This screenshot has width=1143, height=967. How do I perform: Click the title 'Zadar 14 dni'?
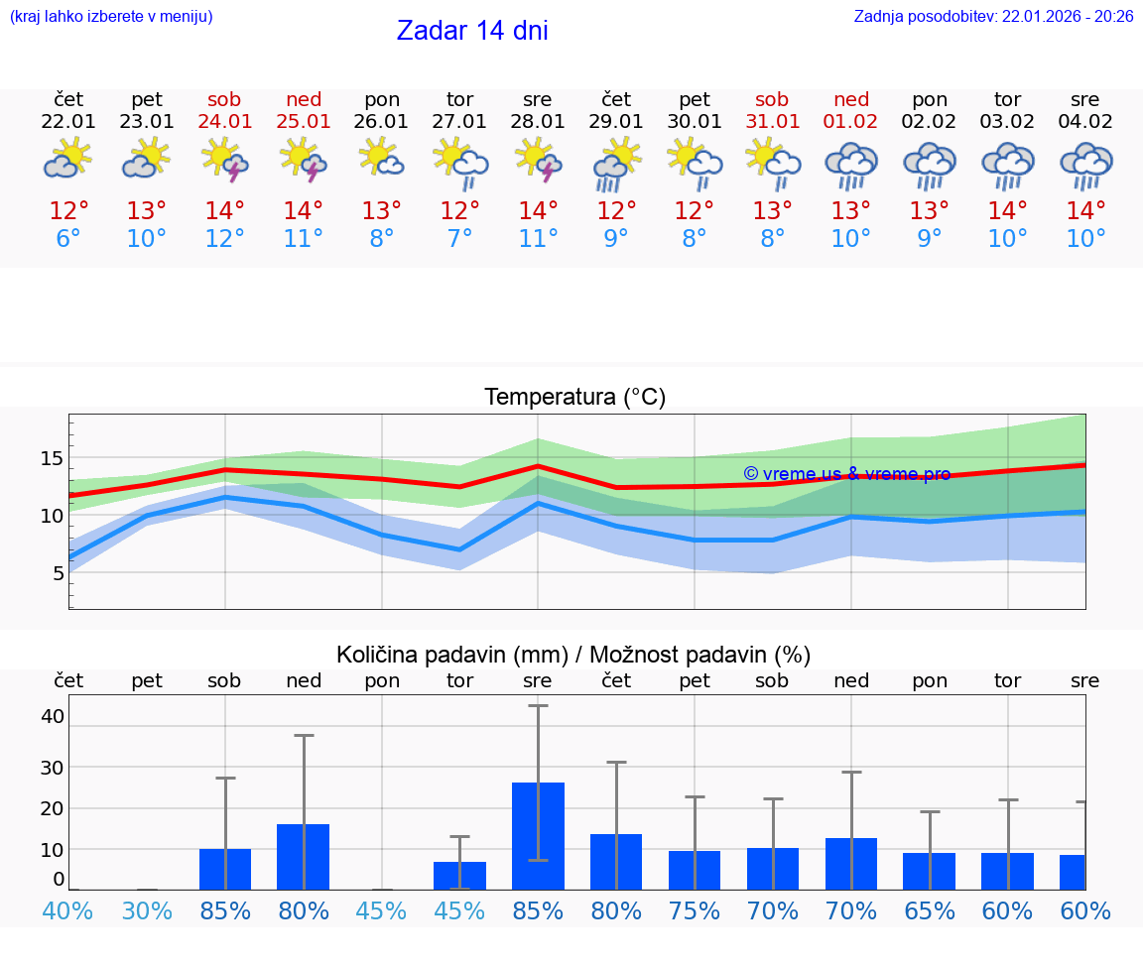point(472,31)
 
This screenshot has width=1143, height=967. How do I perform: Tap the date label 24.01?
point(224,122)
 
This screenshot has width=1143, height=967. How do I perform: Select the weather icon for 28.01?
point(538,161)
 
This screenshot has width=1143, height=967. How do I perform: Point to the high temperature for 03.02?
point(1008,211)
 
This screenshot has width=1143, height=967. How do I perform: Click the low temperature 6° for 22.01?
point(68,239)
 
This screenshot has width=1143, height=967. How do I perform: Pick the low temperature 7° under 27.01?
point(459,239)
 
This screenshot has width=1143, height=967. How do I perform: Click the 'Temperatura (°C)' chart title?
point(574,398)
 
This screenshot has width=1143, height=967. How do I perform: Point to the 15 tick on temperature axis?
point(52,458)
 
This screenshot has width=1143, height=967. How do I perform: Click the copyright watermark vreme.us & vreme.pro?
point(846,474)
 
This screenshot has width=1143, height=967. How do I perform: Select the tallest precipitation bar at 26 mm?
point(538,835)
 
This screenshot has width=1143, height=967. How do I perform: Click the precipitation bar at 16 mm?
point(303,856)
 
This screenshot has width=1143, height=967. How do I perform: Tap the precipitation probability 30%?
point(147,910)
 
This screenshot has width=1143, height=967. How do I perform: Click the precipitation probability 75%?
point(695,910)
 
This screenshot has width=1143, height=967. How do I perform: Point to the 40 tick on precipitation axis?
point(52,716)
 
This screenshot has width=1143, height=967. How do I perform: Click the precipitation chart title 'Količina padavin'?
point(451,655)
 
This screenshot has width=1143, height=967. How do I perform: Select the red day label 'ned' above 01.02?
point(851,99)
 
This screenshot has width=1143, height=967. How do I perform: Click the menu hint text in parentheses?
point(111,16)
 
